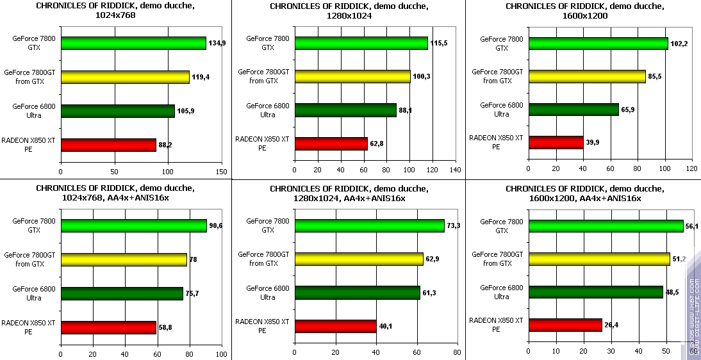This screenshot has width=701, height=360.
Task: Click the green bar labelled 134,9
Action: click(133, 43)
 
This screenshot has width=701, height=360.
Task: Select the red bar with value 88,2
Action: click(108, 145)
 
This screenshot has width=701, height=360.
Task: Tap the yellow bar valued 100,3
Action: click(352, 77)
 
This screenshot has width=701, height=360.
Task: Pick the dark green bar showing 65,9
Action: click(573, 110)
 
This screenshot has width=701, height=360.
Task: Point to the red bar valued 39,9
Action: click(555, 142)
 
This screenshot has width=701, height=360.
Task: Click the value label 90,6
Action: click(215, 226)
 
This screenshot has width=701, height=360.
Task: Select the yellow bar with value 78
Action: click(124, 259)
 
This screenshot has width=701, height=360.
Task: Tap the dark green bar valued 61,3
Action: click(357, 293)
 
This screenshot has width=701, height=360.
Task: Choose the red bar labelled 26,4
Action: click(565, 325)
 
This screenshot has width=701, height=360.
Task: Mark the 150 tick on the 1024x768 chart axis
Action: click(222, 172)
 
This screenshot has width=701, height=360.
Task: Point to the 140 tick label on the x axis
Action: click(456, 170)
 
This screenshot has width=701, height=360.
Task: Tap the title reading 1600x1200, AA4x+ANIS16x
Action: click(584, 193)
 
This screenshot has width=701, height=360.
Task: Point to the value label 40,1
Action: click(386, 326)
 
